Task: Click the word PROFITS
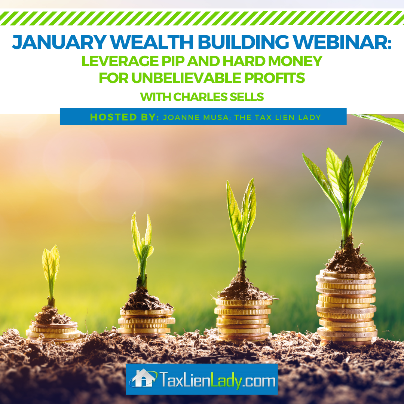(x=275, y=78)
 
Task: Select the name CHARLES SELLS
(x=218, y=97)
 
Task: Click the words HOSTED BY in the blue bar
(x=125, y=117)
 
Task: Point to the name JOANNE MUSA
(x=196, y=117)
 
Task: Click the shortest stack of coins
(x=53, y=332)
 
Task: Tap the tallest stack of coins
(x=346, y=307)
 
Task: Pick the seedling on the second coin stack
(x=142, y=250)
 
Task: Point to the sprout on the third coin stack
(x=241, y=224)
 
